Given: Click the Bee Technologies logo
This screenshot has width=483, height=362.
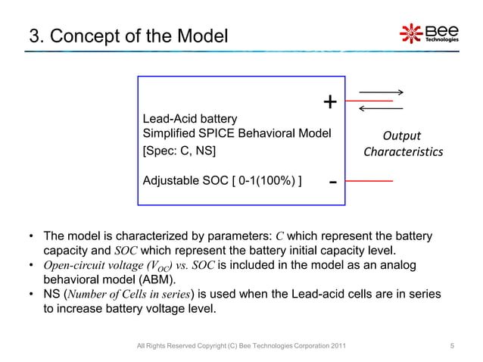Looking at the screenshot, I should (x=428, y=33).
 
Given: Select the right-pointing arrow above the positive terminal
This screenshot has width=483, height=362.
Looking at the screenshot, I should (x=381, y=92).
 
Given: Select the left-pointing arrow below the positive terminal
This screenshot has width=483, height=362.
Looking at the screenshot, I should (x=381, y=109).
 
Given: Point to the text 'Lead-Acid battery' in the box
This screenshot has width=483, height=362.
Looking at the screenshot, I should (x=189, y=119).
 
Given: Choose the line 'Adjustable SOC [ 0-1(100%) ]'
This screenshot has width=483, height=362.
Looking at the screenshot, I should (x=223, y=182).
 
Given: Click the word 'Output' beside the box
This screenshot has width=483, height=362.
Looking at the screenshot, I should (x=402, y=136).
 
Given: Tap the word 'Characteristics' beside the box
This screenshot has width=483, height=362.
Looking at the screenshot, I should (x=403, y=152).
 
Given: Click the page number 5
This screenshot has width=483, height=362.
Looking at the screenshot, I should (x=452, y=346).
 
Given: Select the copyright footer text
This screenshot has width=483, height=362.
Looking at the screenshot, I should (x=241, y=346).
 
